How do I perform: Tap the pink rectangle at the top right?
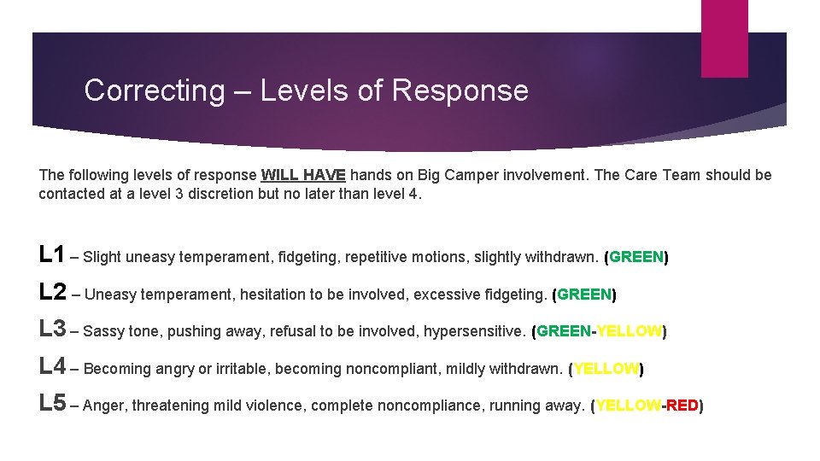[724, 38]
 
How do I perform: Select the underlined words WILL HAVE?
[303, 175]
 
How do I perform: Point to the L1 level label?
[52, 254]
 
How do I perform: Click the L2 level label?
[53, 292]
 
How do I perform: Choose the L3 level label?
[53, 329]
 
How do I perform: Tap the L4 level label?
[53, 366]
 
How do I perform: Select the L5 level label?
[53, 403]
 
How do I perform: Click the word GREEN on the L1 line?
[636, 257]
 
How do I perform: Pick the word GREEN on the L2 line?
[585, 295]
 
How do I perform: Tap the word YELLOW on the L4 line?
[606, 369]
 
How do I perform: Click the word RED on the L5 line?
[682, 406]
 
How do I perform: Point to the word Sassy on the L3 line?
[104, 331]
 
